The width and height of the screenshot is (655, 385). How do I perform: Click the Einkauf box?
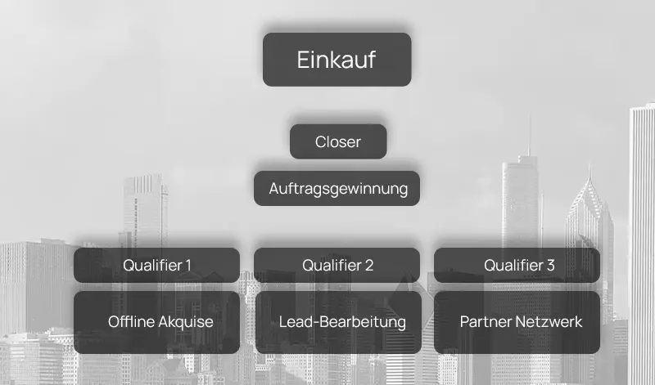pyautogui.click(x=337, y=60)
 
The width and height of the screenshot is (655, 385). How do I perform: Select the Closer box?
pyautogui.click(x=338, y=141)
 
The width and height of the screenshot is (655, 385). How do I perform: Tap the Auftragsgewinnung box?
pyautogui.click(x=337, y=188)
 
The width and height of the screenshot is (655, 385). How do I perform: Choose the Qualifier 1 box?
pyautogui.click(x=156, y=265)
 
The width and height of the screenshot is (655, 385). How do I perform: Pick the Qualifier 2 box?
pyautogui.click(x=337, y=265)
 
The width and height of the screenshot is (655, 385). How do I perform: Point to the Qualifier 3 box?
pyautogui.click(x=517, y=265)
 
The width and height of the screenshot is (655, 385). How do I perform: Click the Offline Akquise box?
pyautogui.click(x=156, y=322)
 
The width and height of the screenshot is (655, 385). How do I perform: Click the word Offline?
pyautogui.click(x=131, y=322)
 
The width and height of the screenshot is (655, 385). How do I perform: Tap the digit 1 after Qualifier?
pyautogui.click(x=188, y=266)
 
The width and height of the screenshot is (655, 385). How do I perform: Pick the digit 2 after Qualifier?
pyautogui.click(x=369, y=266)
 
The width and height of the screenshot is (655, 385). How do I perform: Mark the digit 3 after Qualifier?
pyautogui.click(x=551, y=266)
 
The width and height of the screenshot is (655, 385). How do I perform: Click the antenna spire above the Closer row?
pyautogui.click(x=528, y=135)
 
